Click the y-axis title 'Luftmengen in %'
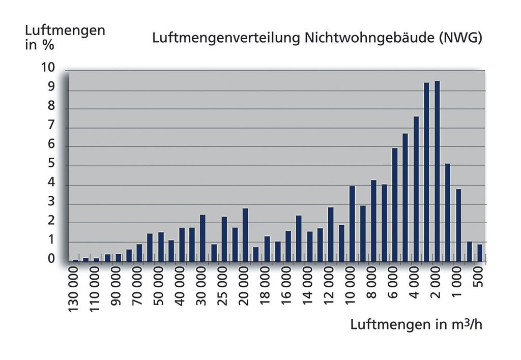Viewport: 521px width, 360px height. point(65,37)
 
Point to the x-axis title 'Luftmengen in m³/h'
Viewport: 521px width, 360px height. point(416,325)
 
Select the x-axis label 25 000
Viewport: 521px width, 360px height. point(224,291)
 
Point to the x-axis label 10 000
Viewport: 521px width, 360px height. point(352,291)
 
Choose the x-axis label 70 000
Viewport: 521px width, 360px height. point(139,291)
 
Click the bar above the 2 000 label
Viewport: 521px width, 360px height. point(437,171)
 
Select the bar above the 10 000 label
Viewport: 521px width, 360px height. point(352,224)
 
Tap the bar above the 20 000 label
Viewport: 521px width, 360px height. point(245,235)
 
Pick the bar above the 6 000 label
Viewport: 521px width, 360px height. point(394,205)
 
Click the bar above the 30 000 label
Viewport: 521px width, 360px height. point(202,238)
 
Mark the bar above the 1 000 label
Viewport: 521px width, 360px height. point(458,225)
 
